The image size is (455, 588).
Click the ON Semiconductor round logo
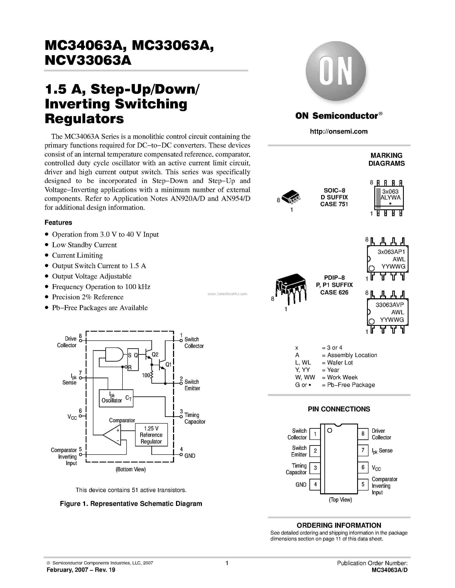click(336, 72)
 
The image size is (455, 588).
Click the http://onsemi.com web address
click(339, 131)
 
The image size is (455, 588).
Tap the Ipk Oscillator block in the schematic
click(116, 398)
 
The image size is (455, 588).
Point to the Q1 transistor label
click(169, 365)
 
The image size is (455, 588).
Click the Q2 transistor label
click(155, 355)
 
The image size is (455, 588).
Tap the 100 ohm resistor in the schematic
click(151, 375)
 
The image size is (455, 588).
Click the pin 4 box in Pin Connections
click(315, 485)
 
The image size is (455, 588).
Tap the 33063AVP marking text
click(390, 305)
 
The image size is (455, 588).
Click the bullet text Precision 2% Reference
click(88, 297)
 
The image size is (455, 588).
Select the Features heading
click(58, 222)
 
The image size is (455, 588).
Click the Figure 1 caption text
click(131, 504)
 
